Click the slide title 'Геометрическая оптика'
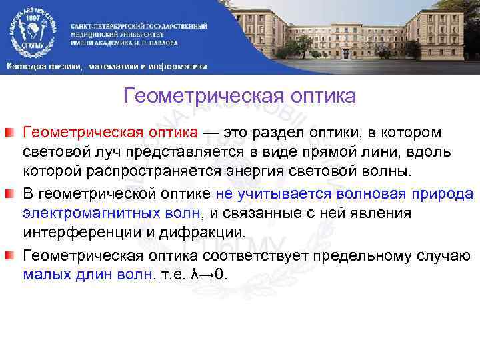[240, 97]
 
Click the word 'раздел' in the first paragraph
[286, 132]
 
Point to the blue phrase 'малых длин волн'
[87, 276]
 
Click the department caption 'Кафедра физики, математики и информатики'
[107, 66]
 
